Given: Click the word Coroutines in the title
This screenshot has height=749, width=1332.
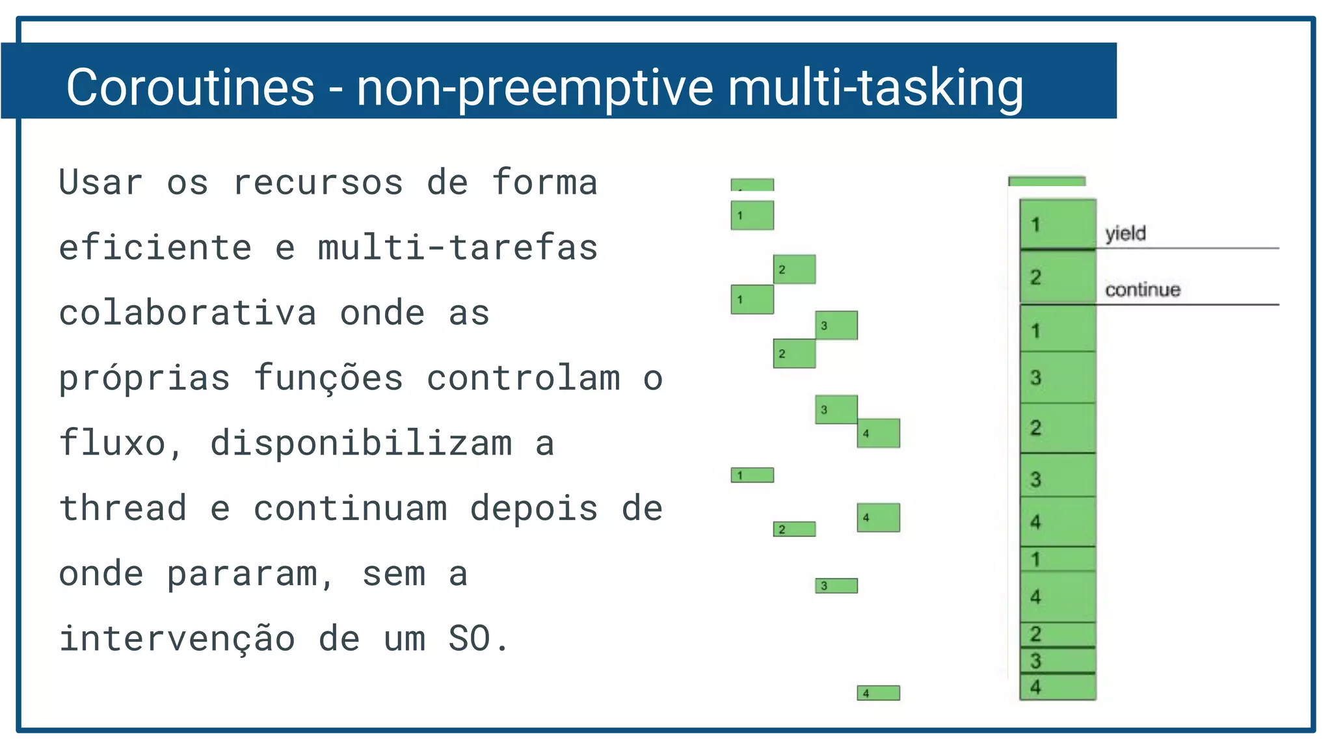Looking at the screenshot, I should pyautogui.click(x=190, y=87).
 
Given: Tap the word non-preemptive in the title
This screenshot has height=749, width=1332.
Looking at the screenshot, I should pyautogui.click(x=535, y=87).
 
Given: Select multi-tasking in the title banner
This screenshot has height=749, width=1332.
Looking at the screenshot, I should pyautogui.click(x=875, y=87).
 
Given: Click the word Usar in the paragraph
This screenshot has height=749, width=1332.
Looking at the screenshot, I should pyautogui.click(x=101, y=183).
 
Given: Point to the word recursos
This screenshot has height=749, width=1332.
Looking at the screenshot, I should pyautogui.click(x=318, y=183).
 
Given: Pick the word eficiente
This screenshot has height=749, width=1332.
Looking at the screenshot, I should pyautogui.click(x=155, y=248).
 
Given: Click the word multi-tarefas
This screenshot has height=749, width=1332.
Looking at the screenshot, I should pyautogui.click(x=458, y=248).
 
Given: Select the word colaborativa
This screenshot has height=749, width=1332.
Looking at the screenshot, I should pyautogui.click(x=188, y=313).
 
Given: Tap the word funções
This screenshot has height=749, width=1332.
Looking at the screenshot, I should pyautogui.click(x=328, y=378).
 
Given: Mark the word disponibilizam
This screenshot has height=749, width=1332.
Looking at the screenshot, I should pyautogui.click(x=361, y=443).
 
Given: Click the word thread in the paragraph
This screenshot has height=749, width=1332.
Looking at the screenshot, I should pyautogui.click(x=123, y=508).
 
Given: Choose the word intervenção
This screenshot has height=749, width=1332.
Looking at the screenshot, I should pyautogui.click(x=177, y=638).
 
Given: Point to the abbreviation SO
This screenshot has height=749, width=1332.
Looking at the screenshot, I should pyautogui.click(x=470, y=638).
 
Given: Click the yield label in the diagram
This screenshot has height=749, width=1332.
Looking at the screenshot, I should pyautogui.click(x=1125, y=233).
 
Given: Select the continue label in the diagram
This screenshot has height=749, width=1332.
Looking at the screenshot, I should pyautogui.click(x=1143, y=289).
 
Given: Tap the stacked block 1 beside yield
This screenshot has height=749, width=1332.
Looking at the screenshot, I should pyautogui.click(x=1058, y=224).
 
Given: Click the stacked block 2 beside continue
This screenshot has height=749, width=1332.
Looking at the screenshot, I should pyautogui.click(x=1058, y=278).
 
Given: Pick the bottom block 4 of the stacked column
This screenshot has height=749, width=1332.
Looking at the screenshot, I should pyautogui.click(x=1058, y=687).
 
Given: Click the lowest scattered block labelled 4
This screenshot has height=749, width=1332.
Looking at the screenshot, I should pyautogui.click(x=878, y=693).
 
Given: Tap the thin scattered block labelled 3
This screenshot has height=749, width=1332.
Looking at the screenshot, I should pyautogui.click(x=836, y=586).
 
